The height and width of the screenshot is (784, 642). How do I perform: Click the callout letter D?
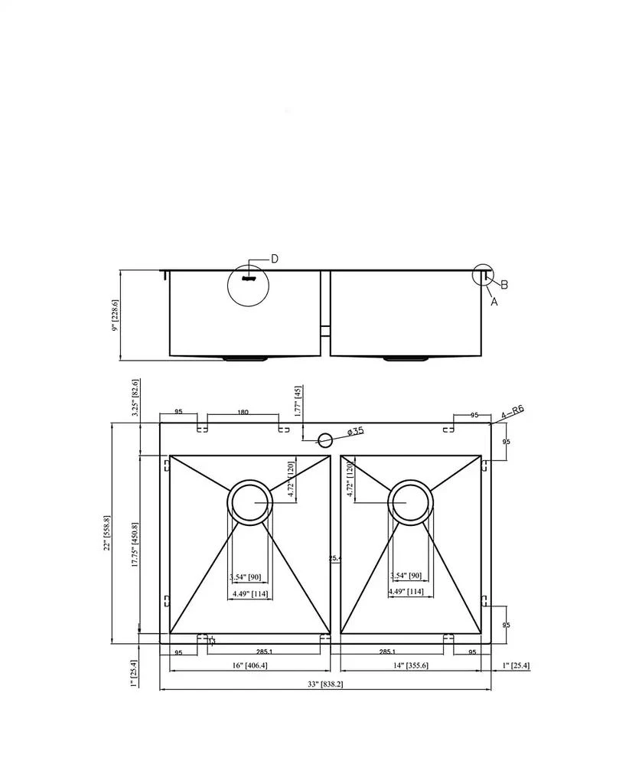(275, 259)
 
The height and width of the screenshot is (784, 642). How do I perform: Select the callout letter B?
(503, 285)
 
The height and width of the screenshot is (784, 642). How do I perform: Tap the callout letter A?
(494, 302)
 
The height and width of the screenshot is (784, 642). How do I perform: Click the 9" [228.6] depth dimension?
(116, 315)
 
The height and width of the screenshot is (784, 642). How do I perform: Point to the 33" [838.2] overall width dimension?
(325, 684)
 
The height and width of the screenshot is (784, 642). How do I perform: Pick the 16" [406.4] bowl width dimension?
(249, 665)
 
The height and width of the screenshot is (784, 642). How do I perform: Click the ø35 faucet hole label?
(355, 432)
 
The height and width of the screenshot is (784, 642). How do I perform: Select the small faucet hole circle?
(324, 439)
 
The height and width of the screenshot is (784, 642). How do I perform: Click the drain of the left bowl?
(249, 503)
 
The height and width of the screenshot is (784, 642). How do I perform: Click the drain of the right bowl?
(411, 503)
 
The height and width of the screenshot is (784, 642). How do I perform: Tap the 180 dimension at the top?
(243, 413)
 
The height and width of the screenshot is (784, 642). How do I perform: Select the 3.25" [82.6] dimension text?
(135, 397)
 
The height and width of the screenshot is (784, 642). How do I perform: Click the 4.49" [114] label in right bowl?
(406, 591)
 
